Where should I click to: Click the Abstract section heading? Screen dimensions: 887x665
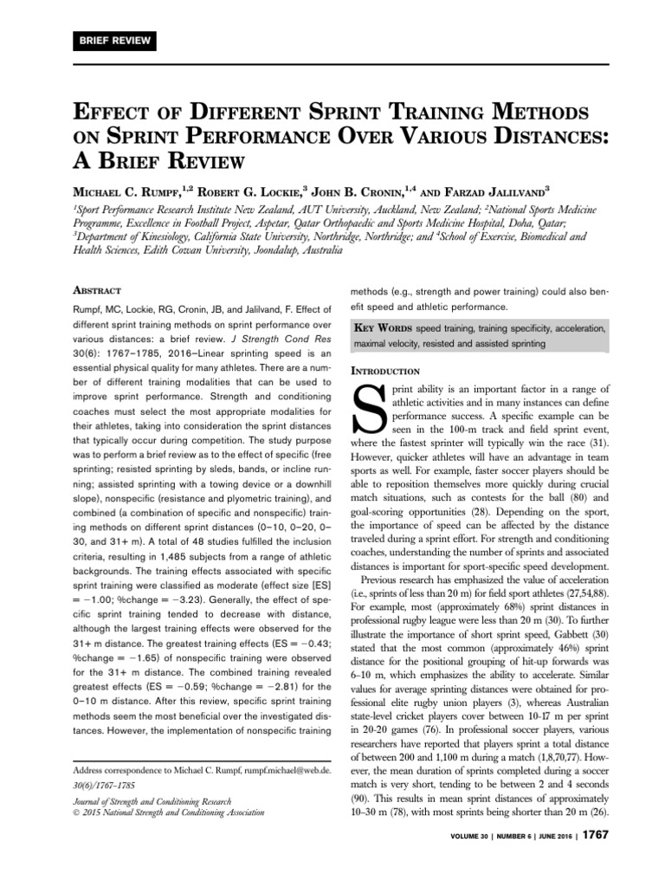pyautogui.click(x=96, y=290)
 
